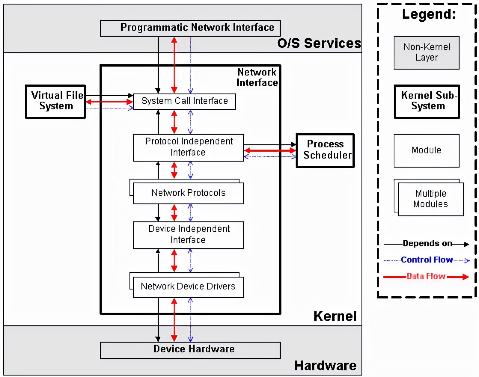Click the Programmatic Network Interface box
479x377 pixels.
190,28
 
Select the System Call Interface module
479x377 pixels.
184,101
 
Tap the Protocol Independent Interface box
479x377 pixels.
189,147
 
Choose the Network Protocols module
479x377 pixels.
189,193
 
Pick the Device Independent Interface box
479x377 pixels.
189,235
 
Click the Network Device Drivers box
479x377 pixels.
189,287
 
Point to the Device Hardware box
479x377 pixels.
190,350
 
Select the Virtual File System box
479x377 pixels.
55,101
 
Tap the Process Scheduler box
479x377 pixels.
325,150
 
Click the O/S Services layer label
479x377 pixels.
319,43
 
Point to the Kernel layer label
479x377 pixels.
335,316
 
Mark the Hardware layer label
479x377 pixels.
325,366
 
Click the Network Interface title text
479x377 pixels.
257,77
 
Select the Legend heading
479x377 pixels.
429,14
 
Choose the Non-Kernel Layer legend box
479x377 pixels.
426,52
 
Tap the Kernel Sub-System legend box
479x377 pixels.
427,101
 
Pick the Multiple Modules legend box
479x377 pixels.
431,199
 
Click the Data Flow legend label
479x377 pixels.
426,276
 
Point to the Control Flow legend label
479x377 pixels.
427,260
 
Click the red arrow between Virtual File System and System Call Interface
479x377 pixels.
109,102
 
